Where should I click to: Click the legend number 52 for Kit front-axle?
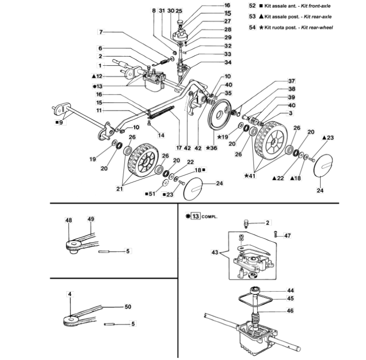point(252,6)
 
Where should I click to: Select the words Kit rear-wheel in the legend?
point(317,28)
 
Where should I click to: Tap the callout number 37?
point(291,81)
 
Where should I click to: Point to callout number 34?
point(228,62)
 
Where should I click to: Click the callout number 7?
point(101,32)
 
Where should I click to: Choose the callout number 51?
point(152,194)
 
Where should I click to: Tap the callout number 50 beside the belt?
point(128,307)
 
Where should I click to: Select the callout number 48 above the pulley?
point(69,220)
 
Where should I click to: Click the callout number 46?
point(290,311)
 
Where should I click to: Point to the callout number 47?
point(287,236)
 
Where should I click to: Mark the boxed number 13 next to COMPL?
point(195,216)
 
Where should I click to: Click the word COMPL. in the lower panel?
point(209,217)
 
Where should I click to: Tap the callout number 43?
point(215,252)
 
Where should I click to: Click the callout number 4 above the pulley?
point(69,294)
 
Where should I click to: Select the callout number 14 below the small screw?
point(161,135)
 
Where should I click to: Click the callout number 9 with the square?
point(61,122)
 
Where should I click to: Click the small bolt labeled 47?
point(276,233)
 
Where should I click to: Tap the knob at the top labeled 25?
point(180,22)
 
